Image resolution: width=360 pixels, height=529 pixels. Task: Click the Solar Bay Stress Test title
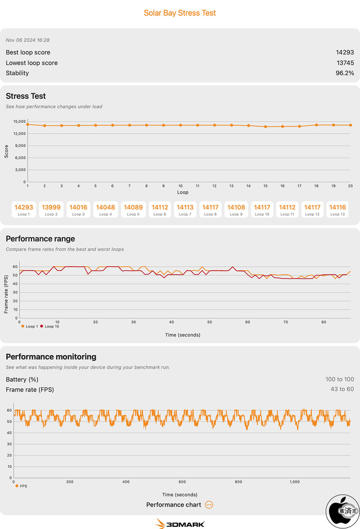(180, 13)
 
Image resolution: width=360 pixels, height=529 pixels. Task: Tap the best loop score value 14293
(345, 52)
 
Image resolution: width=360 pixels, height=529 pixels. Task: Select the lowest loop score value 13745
(345, 63)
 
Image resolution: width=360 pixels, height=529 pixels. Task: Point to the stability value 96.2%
(345, 73)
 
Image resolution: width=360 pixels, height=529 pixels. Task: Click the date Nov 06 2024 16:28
(28, 40)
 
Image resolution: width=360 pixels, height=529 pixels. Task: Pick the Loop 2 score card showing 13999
(51, 209)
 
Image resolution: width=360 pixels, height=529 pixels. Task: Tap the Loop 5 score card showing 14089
(133, 209)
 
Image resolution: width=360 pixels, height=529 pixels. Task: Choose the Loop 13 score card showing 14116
(337, 209)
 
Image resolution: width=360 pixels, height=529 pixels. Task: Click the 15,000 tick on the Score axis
(20, 122)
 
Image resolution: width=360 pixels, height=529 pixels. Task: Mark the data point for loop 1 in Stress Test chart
(28, 124)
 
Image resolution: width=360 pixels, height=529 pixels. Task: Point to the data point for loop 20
(350, 125)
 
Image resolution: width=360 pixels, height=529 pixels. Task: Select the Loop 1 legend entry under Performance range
(29, 326)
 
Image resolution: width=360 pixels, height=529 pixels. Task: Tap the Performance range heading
(40, 239)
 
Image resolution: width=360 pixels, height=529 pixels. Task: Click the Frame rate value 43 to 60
(342, 389)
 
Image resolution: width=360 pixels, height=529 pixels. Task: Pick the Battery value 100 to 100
(340, 379)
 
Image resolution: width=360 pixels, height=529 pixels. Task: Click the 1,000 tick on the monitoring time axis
(294, 482)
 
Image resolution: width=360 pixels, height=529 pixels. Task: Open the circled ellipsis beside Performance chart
(209, 505)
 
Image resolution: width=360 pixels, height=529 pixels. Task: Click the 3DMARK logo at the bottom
(180, 523)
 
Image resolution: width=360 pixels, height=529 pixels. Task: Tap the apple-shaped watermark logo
(343, 511)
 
